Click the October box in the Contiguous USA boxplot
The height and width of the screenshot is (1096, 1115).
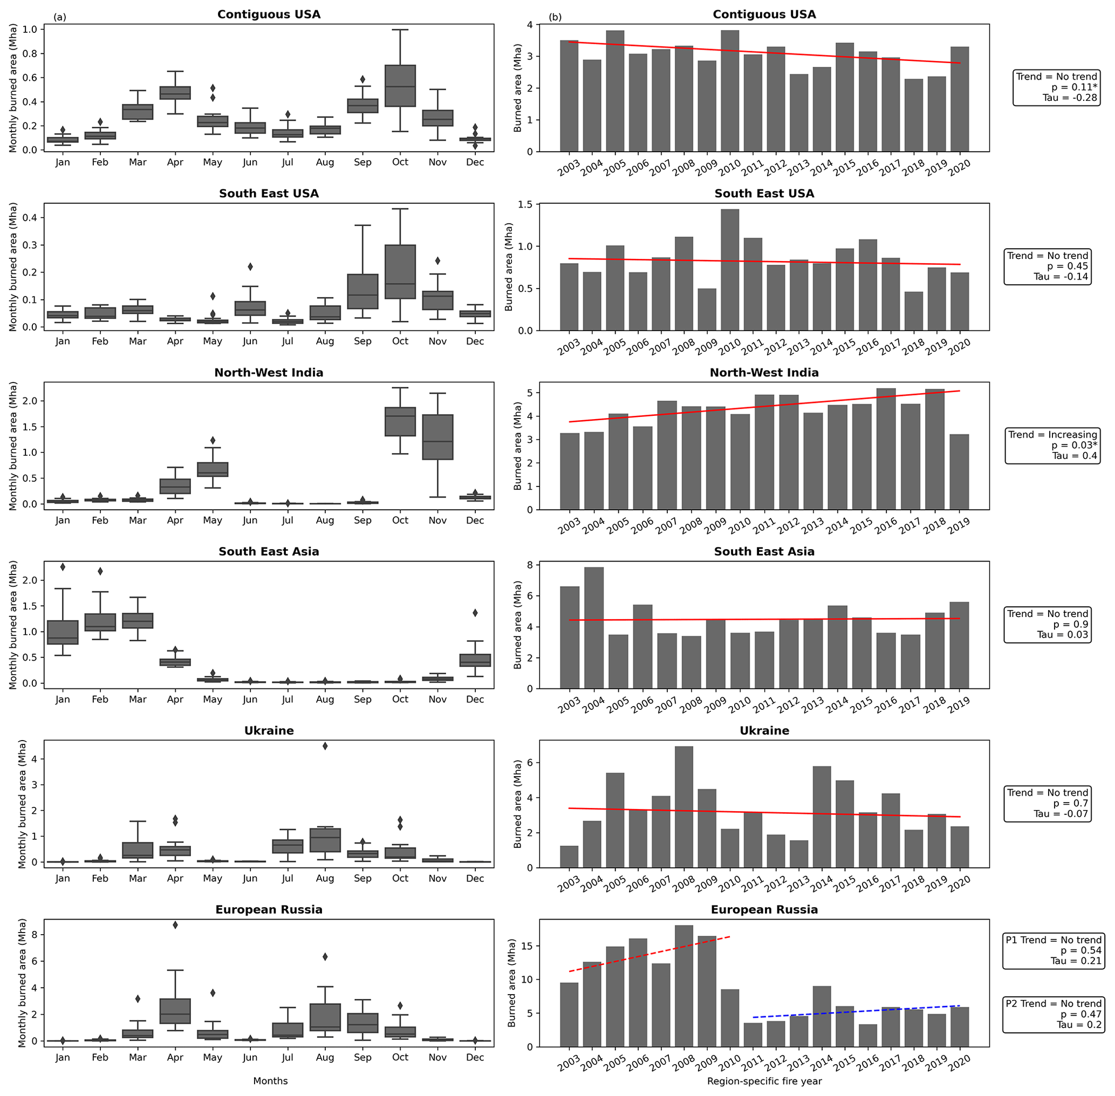(400, 86)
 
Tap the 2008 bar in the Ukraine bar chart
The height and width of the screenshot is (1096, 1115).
(683, 806)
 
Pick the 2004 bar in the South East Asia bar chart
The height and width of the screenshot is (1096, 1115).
(593, 627)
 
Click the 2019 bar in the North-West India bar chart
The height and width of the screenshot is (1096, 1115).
(959, 471)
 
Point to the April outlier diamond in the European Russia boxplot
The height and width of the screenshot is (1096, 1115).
(175, 925)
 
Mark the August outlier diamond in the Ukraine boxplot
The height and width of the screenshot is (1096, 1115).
(325, 746)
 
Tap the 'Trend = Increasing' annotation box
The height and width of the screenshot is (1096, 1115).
(1052, 445)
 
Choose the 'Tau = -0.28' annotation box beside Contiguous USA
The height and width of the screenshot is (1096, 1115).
(1056, 87)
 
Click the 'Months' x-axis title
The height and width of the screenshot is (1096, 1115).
(270, 1080)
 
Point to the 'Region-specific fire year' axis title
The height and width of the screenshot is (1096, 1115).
(764, 1081)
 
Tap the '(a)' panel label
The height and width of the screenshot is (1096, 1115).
(60, 17)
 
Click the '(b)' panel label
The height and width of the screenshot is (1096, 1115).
(555, 17)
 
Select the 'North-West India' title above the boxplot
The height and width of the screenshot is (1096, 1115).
(269, 372)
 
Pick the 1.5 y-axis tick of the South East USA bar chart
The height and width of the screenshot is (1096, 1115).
(525, 205)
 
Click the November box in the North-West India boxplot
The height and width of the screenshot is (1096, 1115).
(437, 437)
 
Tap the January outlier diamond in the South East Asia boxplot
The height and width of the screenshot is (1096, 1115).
(63, 567)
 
